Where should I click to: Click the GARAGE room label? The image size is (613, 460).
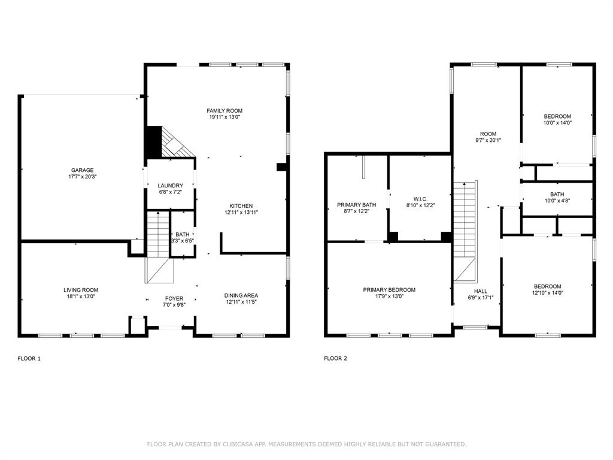tap(82, 170)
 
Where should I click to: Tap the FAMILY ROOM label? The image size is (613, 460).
tap(224, 111)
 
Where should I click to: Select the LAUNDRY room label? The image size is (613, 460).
tap(171, 186)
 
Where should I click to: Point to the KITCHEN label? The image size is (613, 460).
tap(241, 206)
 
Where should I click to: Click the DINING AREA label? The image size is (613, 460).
tap(241, 295)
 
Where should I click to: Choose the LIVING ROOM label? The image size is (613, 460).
tap(81, 290)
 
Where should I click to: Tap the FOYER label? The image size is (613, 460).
tap(174, 298)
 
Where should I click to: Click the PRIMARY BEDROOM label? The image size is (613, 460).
tap(389, 290)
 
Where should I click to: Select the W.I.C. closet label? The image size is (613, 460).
tap(420, 199)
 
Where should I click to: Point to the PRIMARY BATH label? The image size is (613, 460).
tap(357, 205)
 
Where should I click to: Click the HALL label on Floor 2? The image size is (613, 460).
tap(481, 291)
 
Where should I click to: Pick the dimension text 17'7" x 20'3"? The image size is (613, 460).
tap(82, 177)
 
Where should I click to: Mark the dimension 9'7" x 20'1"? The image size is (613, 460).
tap(488, 140)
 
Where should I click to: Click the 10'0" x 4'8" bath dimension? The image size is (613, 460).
tap(557, 200)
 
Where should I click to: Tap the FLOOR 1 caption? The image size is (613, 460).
tap(29, 358)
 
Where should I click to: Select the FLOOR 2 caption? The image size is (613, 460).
tap(335, 358)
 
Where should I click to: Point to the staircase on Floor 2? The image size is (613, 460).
tap(465, 231)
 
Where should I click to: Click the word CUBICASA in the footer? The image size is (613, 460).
tap(238, 444)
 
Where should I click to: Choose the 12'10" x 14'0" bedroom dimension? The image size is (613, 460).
tap(547, 292)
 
